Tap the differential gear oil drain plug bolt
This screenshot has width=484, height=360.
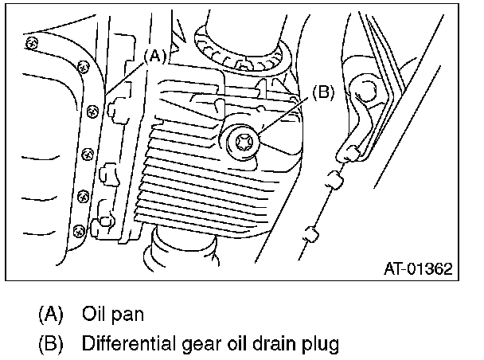[x=240, y=144]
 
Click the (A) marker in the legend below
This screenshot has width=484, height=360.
[x=49, y=313]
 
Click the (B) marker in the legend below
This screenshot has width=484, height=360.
[x=49, y=344]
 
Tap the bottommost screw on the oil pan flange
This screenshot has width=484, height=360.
[x=77, y=230]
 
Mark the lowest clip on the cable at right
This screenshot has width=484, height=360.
[x=311, y=236]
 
